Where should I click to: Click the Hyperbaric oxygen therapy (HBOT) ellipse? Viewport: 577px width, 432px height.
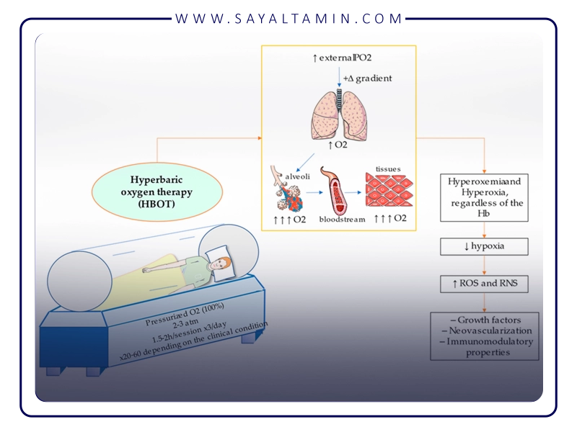(x=152, y=191)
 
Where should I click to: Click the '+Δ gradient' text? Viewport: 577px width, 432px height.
(x=368, y=78)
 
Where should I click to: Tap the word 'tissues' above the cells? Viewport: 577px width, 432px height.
(x=388, y=169)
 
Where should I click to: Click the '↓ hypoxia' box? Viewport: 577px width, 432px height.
(x=484, y=247)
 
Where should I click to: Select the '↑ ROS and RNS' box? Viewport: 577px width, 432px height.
(x=484, y=284)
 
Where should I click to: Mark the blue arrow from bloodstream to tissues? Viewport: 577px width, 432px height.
(x=354, y=193)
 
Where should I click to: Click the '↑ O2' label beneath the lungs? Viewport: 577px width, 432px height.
(x=338, y=148)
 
